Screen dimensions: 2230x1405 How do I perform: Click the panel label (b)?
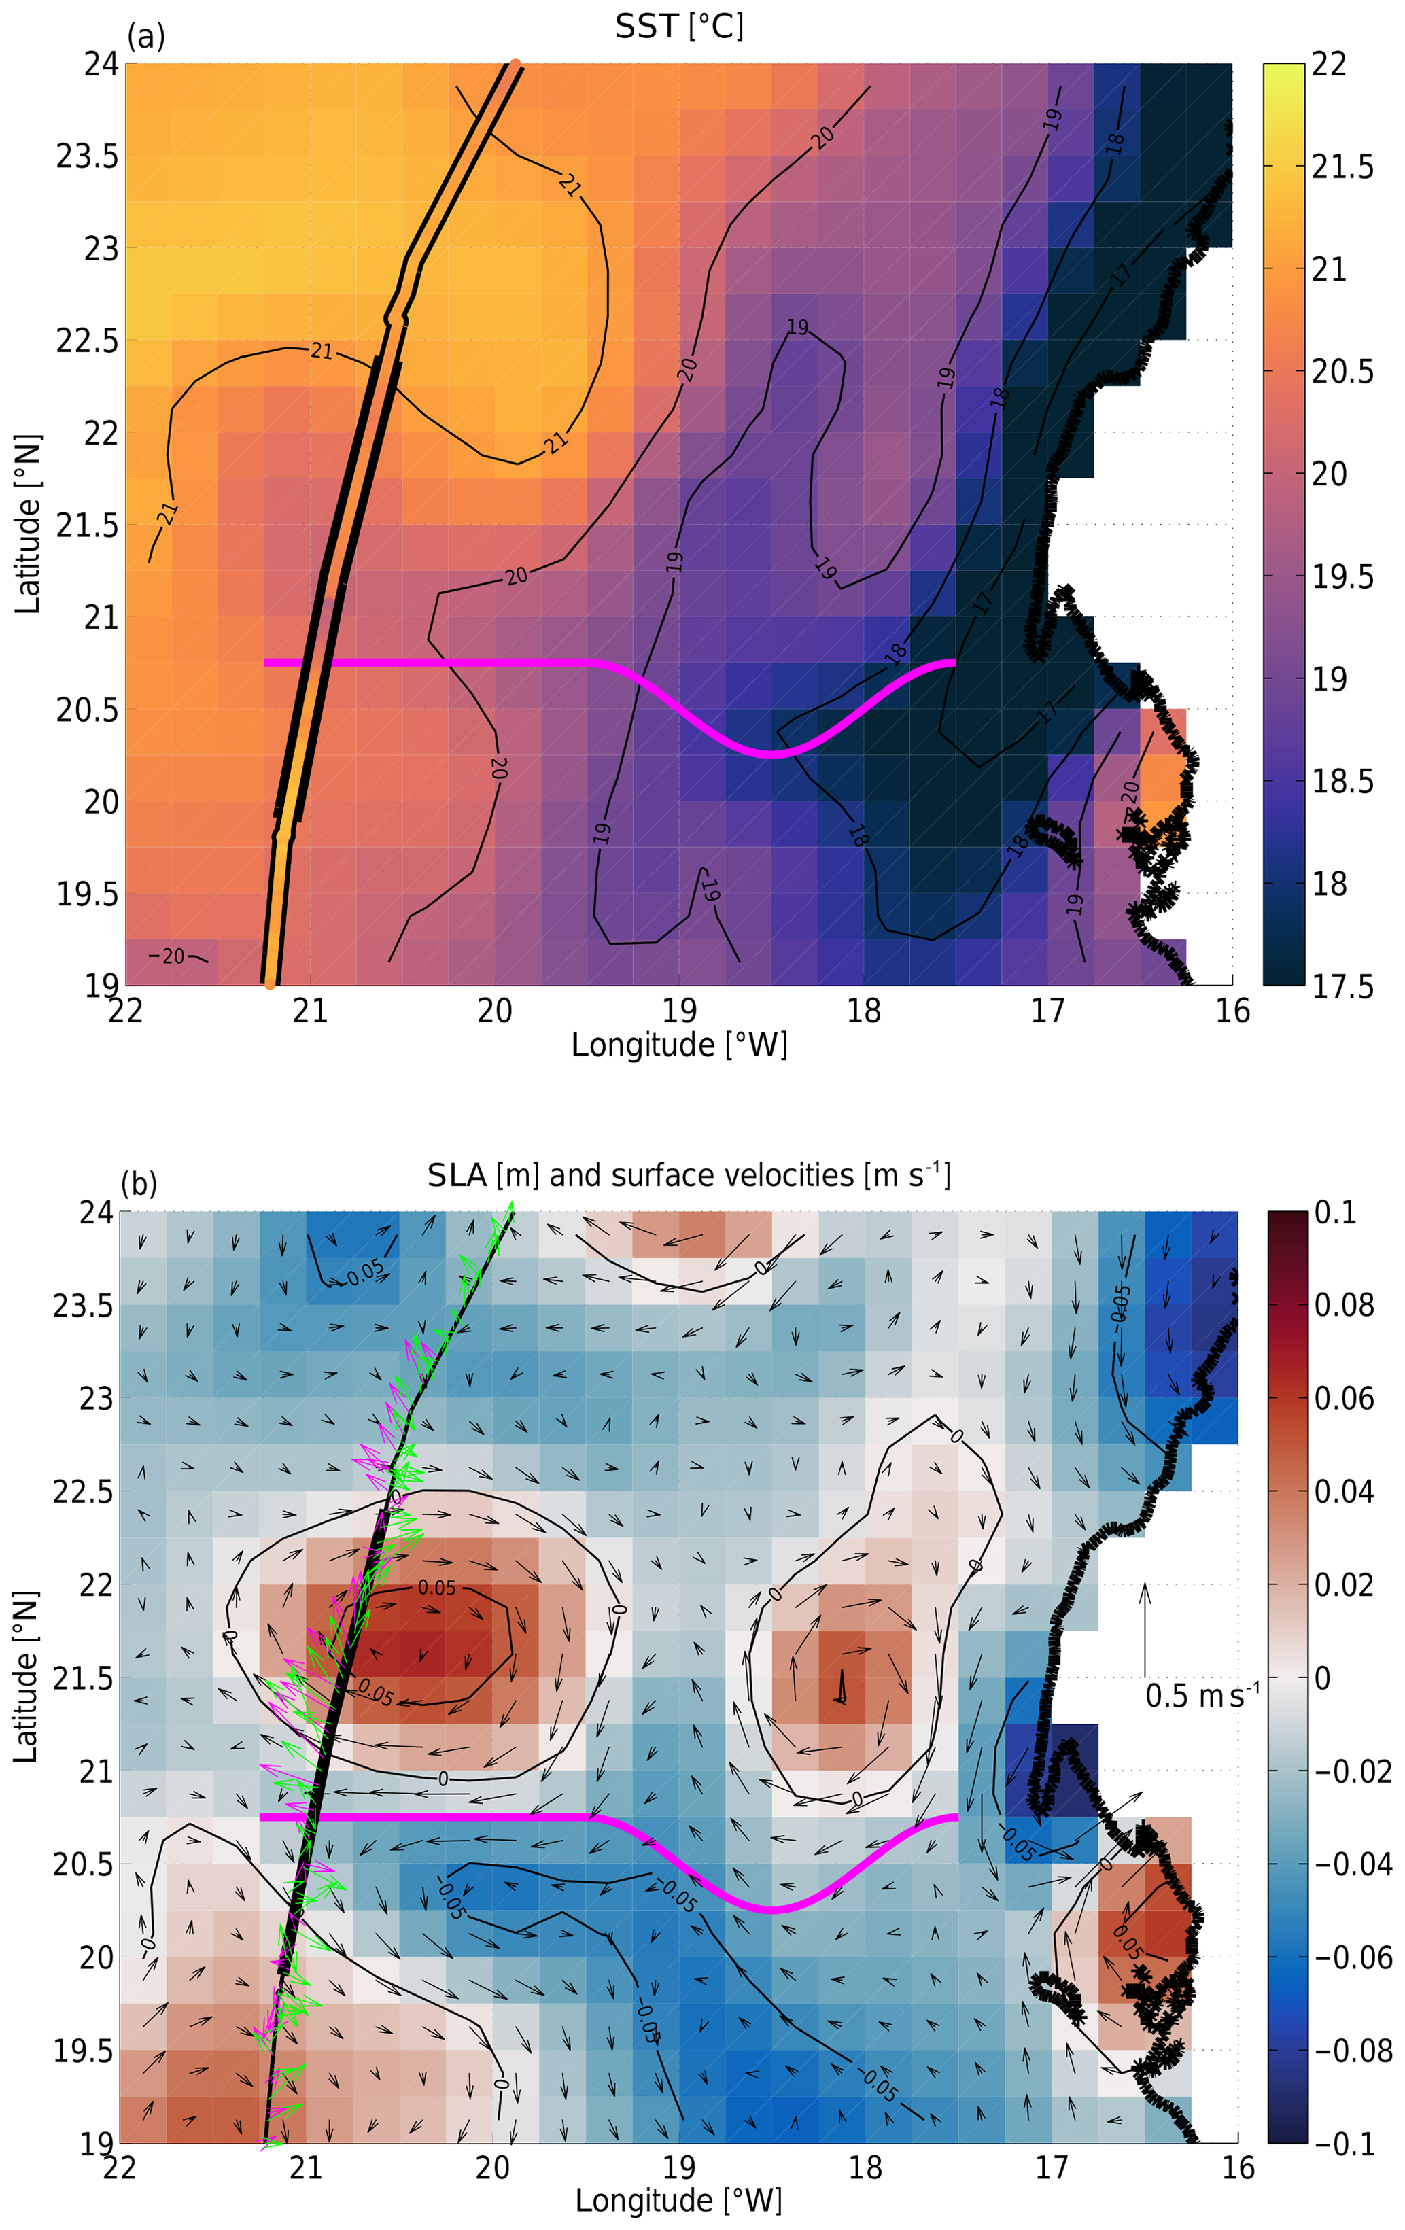pyautogui.click(x=139, y=1183)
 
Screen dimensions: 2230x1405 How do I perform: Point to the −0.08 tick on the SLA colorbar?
pyautogui.click(x=1352, y=2051)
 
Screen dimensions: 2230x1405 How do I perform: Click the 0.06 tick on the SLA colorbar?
pyautogui.click(x=1344, y=1397)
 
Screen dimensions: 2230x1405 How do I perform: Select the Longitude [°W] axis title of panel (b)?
pyautogui.click(x=679, y=2199)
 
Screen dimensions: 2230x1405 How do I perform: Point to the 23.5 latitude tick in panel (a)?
pyautogui.click(x=87, y=156)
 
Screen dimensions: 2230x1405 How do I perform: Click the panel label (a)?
pyautogui.click(x=145, y=36)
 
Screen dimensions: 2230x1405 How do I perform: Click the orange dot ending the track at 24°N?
pyautogui.click(x=515, y=65)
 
